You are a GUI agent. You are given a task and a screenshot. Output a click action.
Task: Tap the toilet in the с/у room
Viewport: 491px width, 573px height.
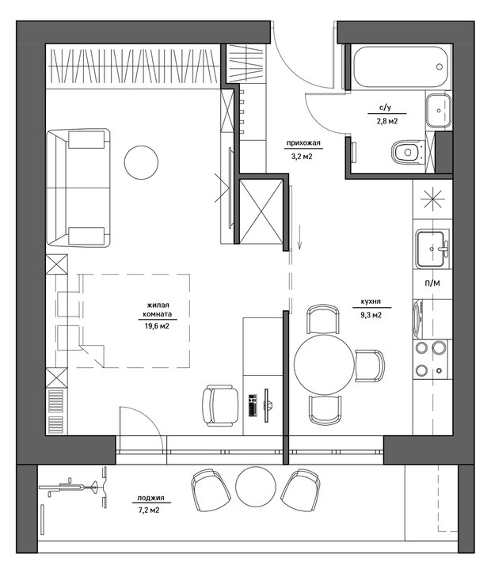[x=409, y=152]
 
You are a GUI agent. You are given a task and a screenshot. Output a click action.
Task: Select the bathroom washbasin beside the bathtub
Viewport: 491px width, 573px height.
[x=439, y=110]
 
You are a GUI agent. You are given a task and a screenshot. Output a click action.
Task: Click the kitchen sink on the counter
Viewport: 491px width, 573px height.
[x=432, y=249]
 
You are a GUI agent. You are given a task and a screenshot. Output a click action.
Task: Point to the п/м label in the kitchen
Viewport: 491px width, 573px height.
[x=432, y=283]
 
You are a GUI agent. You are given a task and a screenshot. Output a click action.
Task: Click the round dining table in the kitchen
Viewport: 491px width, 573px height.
[x=324, y=364]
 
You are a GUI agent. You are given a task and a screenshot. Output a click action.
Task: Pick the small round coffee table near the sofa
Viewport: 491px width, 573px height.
[x=141, y=162]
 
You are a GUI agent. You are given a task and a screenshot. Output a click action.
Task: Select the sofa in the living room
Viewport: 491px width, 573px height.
[x=78, y=188]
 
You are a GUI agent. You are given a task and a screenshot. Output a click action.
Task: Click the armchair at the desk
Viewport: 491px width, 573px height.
[x=220, y=406]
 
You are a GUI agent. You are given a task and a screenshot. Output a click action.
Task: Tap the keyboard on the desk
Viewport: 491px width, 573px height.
[x=253, y=405]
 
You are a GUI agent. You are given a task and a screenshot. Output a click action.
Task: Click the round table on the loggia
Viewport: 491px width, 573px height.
[x=255, y=486]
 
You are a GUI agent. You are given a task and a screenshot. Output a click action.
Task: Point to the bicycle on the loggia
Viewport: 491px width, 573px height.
[x=73, y=487]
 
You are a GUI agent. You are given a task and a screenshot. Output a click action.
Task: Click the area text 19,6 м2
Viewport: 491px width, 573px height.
[x=157, y=326]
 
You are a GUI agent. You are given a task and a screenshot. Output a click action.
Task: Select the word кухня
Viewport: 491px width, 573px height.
[x=371, y=302]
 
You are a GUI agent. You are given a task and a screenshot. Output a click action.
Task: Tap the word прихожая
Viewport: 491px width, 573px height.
[x=303, y=143]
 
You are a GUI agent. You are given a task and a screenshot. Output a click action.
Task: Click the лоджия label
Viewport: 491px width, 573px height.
[x=150, y=498]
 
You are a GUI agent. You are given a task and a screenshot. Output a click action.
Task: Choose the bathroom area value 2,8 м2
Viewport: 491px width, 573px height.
[x=387, y=120]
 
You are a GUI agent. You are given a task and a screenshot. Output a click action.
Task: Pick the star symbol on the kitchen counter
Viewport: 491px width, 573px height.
[x=432, y=199]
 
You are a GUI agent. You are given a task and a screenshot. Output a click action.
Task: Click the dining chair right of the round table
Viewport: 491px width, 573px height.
[x=370, y=366]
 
